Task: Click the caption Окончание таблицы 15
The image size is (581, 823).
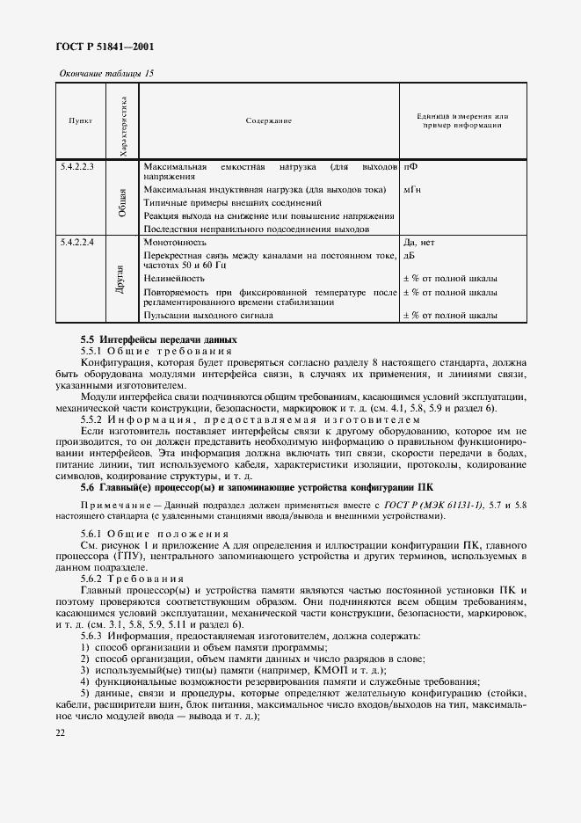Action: click(105, 73)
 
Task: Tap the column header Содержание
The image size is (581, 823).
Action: click(268, 120)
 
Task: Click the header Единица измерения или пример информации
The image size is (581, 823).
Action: click(462, 120)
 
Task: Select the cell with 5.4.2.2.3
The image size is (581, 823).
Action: click(77, 165)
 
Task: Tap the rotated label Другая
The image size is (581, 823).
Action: click(122, 280)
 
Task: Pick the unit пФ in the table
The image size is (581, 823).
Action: click(410, 165)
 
